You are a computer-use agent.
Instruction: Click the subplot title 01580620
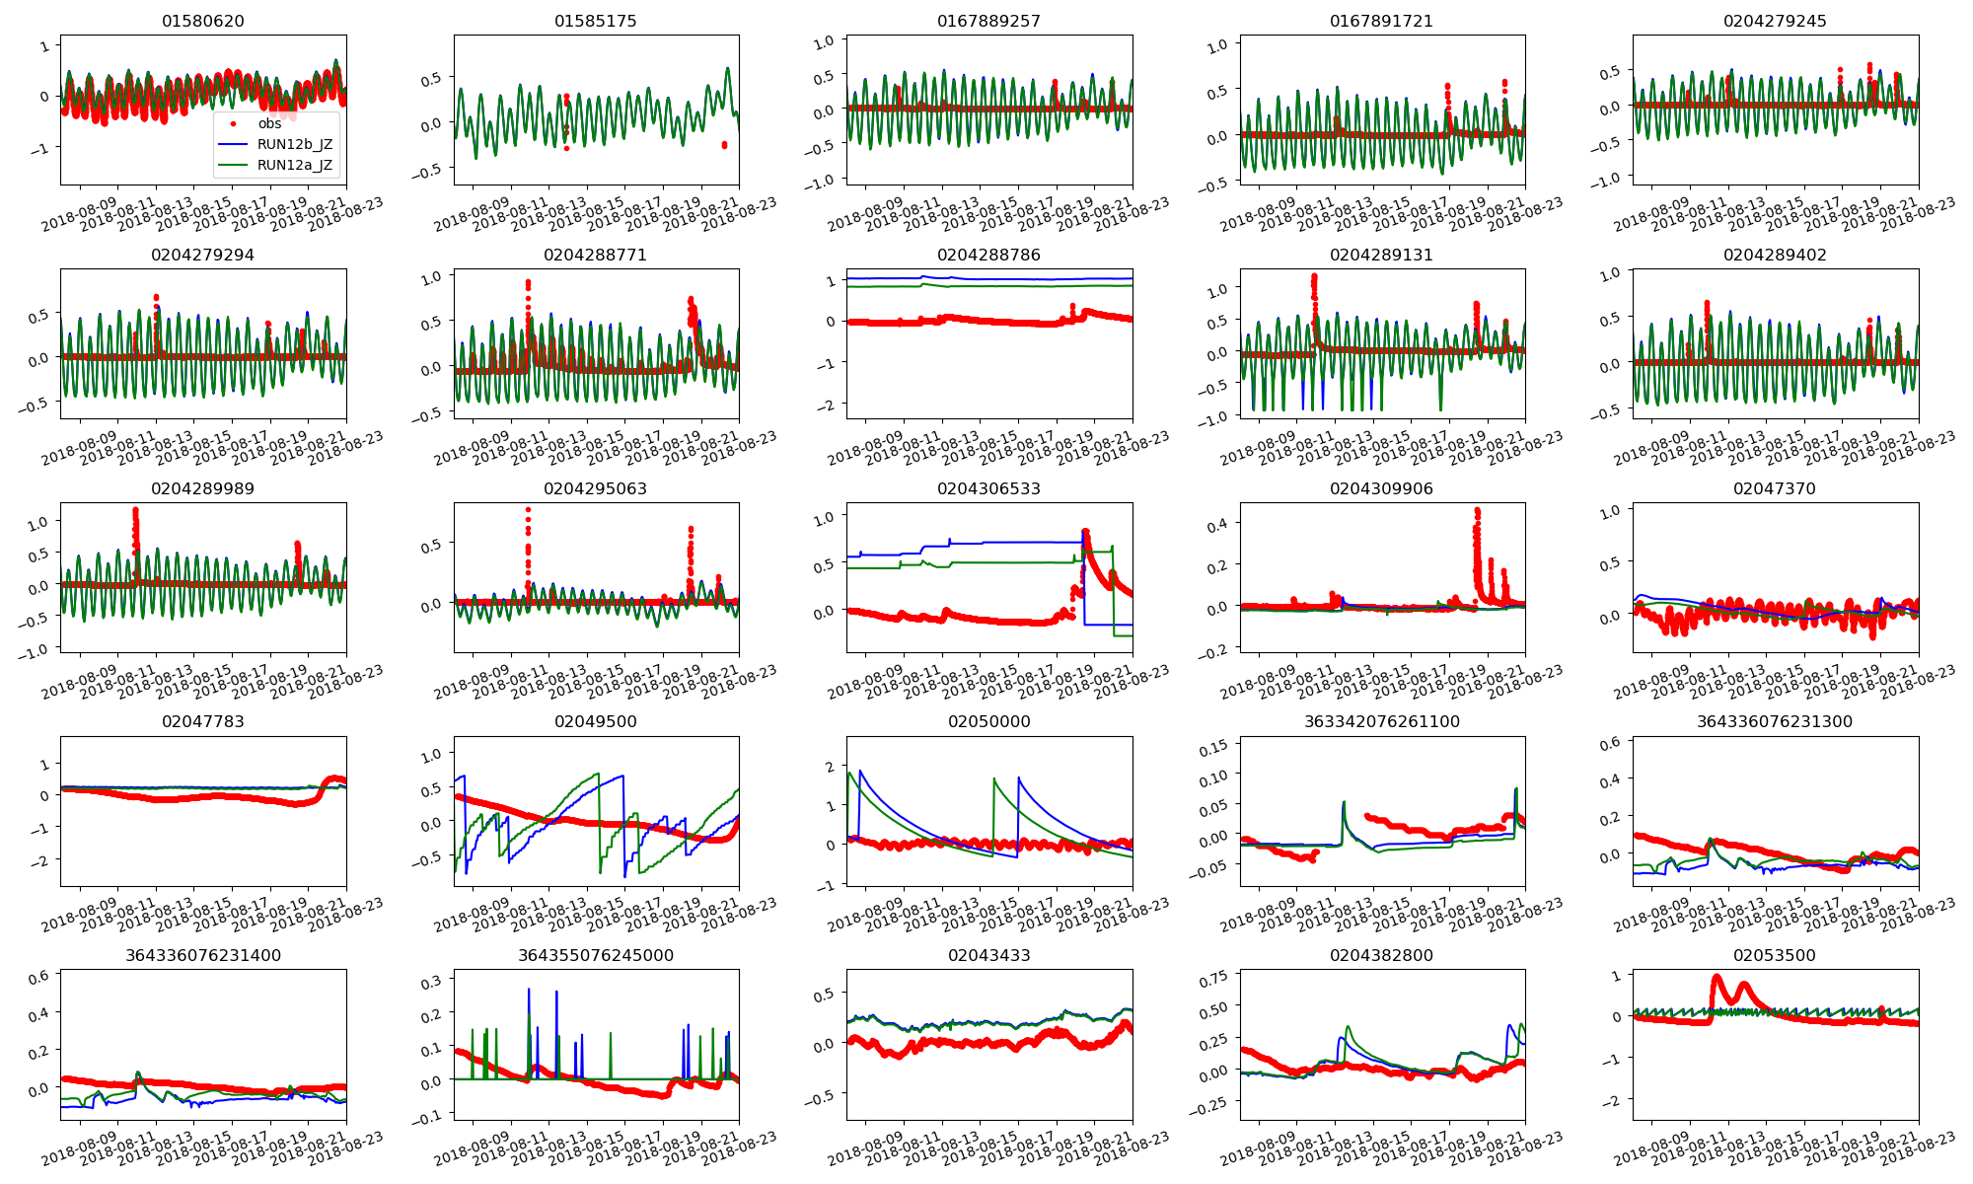[x=203, y=21]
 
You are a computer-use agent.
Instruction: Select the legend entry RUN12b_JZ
[x=294, y=144]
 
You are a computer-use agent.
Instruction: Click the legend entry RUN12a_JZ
[x=294, y=165]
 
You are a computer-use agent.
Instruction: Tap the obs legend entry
[x=269, y=123]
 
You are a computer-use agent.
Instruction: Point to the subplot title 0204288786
[x=988, y=255]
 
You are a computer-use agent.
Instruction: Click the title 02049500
[x=596, y=721]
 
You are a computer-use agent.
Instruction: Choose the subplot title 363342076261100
[x=1381, y=721]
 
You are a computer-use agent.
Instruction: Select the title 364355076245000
[x=596, y=955]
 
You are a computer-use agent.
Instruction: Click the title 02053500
[x=1774, y=955]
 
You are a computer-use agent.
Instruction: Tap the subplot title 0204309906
[x=1381, y=488]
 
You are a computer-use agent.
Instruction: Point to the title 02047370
[x=1774, y=488]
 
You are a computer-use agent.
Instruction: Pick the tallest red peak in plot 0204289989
[x=135, y=511]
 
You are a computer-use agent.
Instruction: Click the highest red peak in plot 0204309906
[x=1477, y=511]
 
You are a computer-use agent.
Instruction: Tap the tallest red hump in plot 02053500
[x=1717, y=978]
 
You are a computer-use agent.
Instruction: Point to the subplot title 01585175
[x=596, y=21]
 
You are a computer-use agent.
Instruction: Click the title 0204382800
[x=1381, y=955]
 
